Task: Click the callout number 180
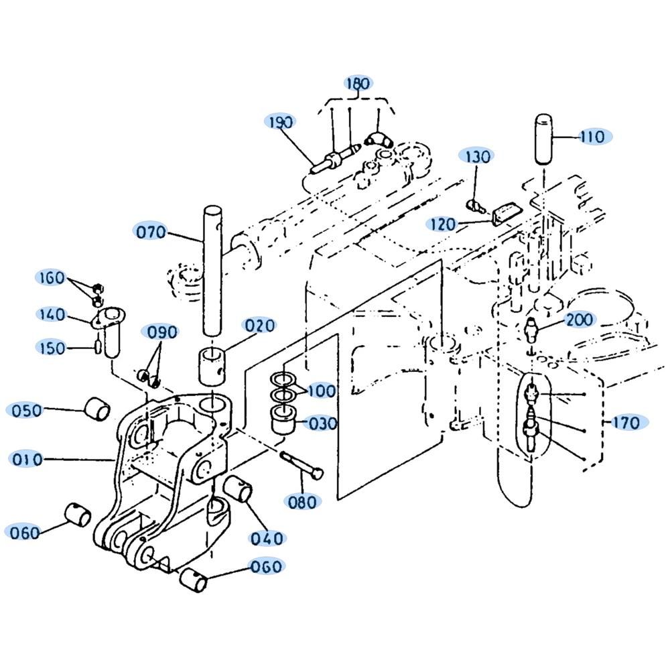(358, 83)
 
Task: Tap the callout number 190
(280, 122)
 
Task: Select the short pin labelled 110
(544, 138)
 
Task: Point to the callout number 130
(477, 156)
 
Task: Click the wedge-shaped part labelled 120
(507, 214)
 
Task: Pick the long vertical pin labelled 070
(212, 271)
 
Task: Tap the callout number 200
(580, 320)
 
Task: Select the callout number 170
(626, 423)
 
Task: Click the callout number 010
(27, 460)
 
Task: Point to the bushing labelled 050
(97, 409)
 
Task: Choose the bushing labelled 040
(238, 489)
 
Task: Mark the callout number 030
(323, 423)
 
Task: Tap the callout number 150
(52, 348)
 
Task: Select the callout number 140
(52, 315)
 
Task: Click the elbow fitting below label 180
(379, 140)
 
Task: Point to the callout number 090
(162, 332)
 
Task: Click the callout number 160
(52, 278)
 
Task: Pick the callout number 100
(322, 391)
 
